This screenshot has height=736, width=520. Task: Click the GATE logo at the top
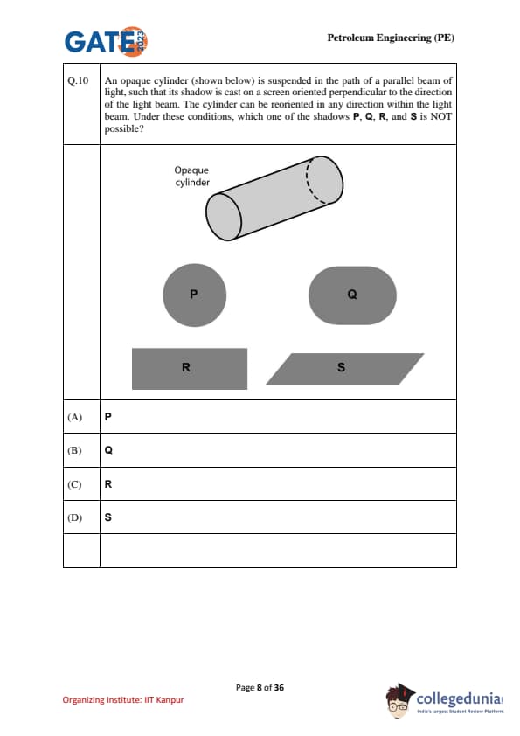pos(106,41)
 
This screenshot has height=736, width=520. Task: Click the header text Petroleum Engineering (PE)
pos(391,38)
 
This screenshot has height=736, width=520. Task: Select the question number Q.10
pos(78,80)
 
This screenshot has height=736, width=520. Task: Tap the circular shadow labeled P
pos(195,295)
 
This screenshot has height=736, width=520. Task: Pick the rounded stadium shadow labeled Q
pos(352,295)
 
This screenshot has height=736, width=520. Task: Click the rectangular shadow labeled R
pos(190,369)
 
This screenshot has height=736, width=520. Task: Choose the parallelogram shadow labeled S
pos(345,369)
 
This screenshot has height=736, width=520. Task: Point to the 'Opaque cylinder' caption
pos(192,176)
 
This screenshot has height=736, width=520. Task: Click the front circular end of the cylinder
pos(224,217)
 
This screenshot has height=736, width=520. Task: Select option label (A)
pos(74,417)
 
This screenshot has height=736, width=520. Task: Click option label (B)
pos(74,450)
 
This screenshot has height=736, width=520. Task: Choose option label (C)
pos(74,484)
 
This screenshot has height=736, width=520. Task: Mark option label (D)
pos(74,517)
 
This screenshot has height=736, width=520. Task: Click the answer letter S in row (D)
pos(108,517)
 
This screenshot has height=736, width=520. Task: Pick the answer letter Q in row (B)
pos(108,450)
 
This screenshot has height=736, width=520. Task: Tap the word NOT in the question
pos(440,116)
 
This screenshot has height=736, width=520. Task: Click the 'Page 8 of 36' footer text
pos(260,688)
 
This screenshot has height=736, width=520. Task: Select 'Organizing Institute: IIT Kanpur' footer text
pos(123,700)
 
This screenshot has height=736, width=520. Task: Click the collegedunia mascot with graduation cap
pos(399,700)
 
